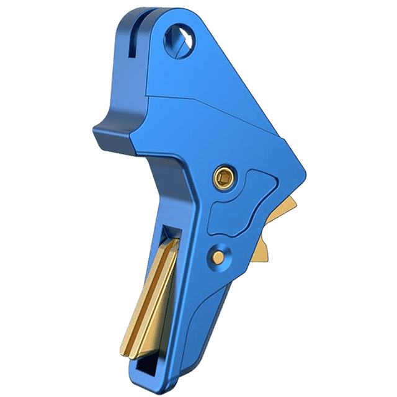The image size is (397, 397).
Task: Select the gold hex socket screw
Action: tap(223, 179)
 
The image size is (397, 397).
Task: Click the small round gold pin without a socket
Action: tap(218, 253)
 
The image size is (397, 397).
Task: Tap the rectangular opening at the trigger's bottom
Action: tap(142, 371)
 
